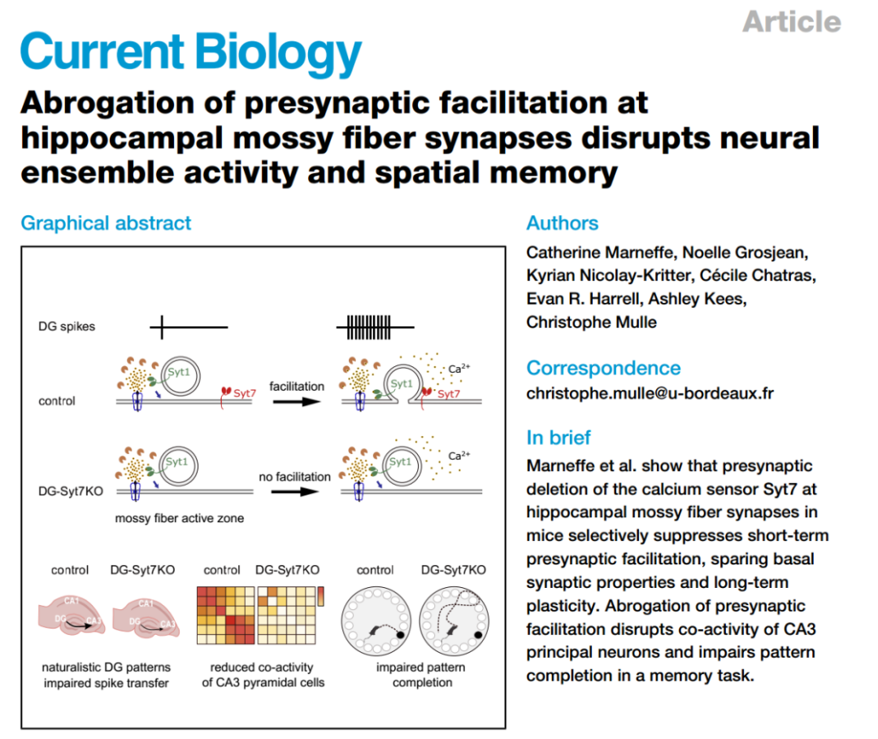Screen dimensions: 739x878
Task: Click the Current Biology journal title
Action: pos(191,52)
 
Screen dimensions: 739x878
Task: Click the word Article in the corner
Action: pos(791,21)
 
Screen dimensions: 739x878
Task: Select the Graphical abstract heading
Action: pos(106,223)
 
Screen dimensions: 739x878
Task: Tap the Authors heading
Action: pos(562,223)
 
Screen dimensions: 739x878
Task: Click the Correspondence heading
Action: pos(603,368)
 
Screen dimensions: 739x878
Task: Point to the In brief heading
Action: pos(559,438)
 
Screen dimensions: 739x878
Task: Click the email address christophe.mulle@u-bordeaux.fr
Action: pos(650,394)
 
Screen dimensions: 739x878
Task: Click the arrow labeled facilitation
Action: pos(296,404)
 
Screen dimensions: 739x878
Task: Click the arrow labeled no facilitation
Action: pos(295,493)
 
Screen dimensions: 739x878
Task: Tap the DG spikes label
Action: pos(67,326)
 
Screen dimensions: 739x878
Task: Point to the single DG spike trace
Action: pos(187,327)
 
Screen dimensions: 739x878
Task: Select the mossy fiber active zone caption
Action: pos(179,517)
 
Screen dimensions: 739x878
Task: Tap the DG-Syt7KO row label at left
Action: pos(72,491)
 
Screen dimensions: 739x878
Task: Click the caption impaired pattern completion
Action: pos(422,675)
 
